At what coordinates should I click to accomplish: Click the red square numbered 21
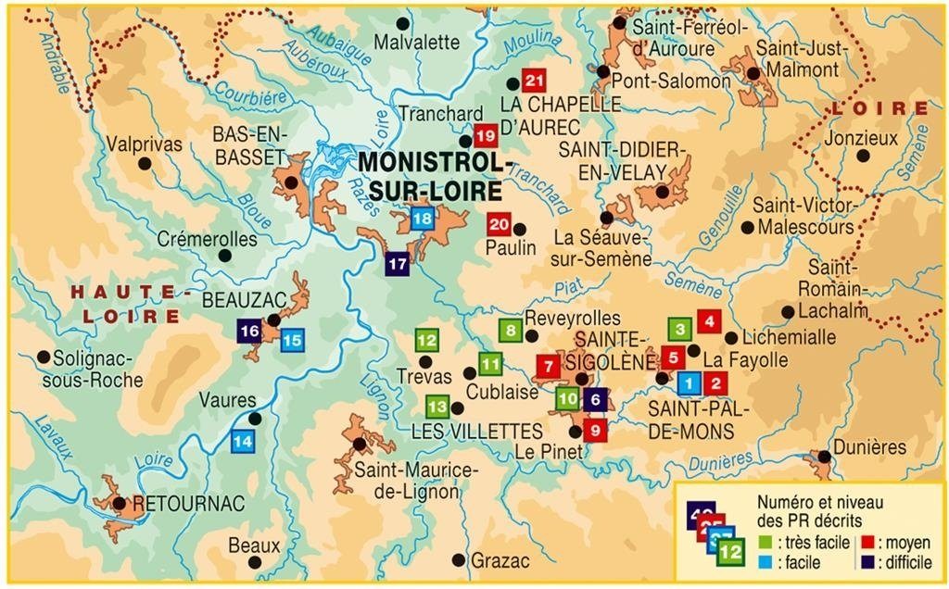pos(533,81)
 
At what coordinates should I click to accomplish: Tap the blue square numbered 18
pos(422,219)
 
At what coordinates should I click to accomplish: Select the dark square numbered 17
pos(398,263)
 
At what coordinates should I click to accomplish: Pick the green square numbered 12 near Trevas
pos(426,341)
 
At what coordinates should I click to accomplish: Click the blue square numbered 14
pos(242,442)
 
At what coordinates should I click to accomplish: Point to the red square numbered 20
pos(500,223)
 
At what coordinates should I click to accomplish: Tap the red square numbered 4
pos(709,322)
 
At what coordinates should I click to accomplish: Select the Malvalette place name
pos(417,42)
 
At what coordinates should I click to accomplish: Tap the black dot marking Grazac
pos(458,560)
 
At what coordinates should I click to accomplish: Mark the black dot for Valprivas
pos(144,164)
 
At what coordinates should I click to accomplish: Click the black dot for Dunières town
pos(823,456)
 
